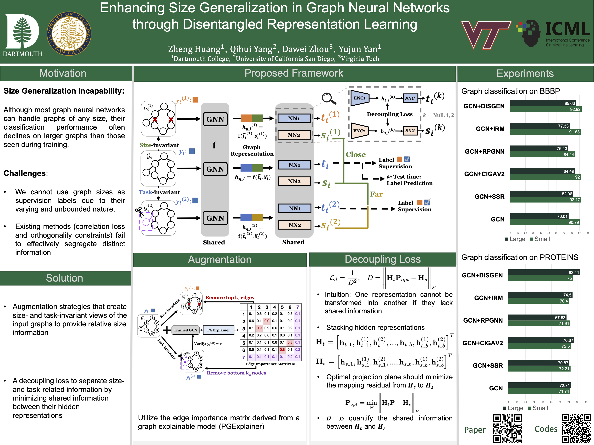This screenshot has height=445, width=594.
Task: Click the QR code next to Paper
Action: pyautogui.click(x=507, y=428)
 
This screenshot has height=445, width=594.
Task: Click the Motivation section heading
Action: pyautogui.click(x=63, y=73)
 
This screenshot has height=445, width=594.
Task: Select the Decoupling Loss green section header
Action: pyautogui.click(x=382, y=259)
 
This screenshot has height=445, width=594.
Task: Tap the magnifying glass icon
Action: pyautogui.click(x=329, y=98)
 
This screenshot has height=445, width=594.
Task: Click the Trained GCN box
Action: pyautogui.click(x=185, y=330)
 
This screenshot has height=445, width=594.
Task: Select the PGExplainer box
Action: pyautogui.click(x=218, y=330)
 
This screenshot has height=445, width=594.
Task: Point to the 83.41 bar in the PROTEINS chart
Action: pyautogui.click(x=544, y=272)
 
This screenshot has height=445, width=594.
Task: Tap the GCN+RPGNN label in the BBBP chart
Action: pyautogui.click(x=485, y=152)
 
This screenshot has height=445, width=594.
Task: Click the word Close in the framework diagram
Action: pyautogui.click(x=356, y=155)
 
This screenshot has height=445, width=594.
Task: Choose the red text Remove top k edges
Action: pyautogui.click(x=230, y=298)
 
